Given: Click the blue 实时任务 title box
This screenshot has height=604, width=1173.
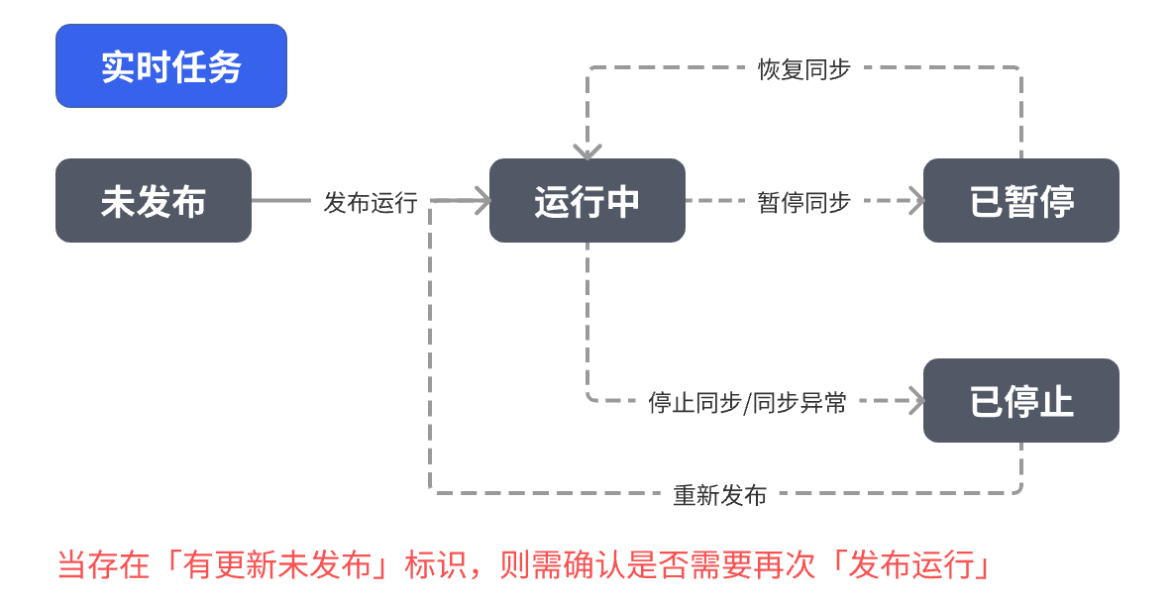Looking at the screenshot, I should click(x=170, y=66).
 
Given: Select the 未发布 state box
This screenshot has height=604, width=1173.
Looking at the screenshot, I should click(x=154, y=201).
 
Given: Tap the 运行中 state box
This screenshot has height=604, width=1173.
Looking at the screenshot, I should click(x=586, y=201).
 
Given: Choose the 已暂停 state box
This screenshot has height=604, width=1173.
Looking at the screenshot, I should click(x=1020, y=201).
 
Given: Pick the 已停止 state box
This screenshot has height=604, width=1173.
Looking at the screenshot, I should click(x=1020, y=401).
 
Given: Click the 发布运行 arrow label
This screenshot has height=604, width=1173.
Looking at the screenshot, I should click(x=371, y=202).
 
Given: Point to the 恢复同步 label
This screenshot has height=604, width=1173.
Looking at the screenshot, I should click(x=803, y=68).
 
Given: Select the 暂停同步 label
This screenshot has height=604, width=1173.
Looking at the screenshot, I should click(x=803, y=202).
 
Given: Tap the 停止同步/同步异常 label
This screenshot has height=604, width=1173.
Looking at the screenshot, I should click(x=748, y=402).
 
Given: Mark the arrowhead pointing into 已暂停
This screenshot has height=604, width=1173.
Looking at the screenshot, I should click(x=916, y=201).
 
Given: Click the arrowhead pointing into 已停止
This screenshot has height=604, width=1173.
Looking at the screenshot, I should click(x=916, y=401).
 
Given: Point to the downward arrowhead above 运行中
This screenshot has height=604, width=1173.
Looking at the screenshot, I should click(x=587, y=152).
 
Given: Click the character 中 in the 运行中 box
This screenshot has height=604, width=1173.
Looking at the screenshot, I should click(x=623, y=201).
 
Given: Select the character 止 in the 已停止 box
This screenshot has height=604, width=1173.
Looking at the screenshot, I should click(x=1056, y=401).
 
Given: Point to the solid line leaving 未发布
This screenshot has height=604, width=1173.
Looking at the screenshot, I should click(x=281, y=201).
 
